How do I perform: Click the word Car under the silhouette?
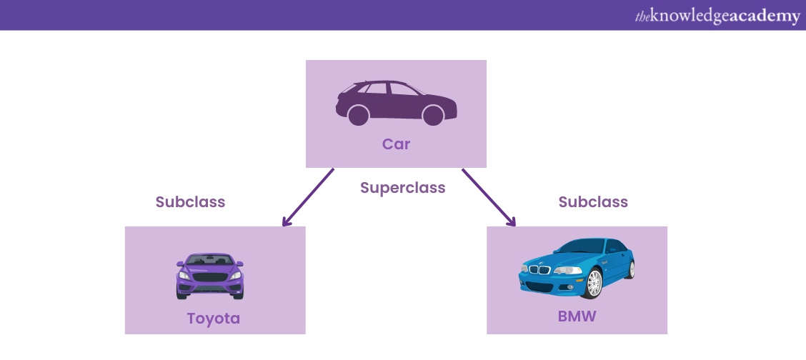point(396,144)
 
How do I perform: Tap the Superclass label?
point(402,188)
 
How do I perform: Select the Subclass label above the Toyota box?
point(190,202)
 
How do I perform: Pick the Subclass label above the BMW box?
point(593,202)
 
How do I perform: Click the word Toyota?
point(214,319)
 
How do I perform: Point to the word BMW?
point(577,314)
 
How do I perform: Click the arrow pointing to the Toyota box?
point(309,197)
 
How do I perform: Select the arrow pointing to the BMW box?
point(488,197)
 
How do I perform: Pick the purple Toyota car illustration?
point(210,276)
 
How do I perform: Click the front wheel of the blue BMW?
point(594,284)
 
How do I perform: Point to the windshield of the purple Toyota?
point(210,261)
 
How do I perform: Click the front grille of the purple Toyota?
point(210,277)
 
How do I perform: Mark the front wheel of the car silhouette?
point(432,115)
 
